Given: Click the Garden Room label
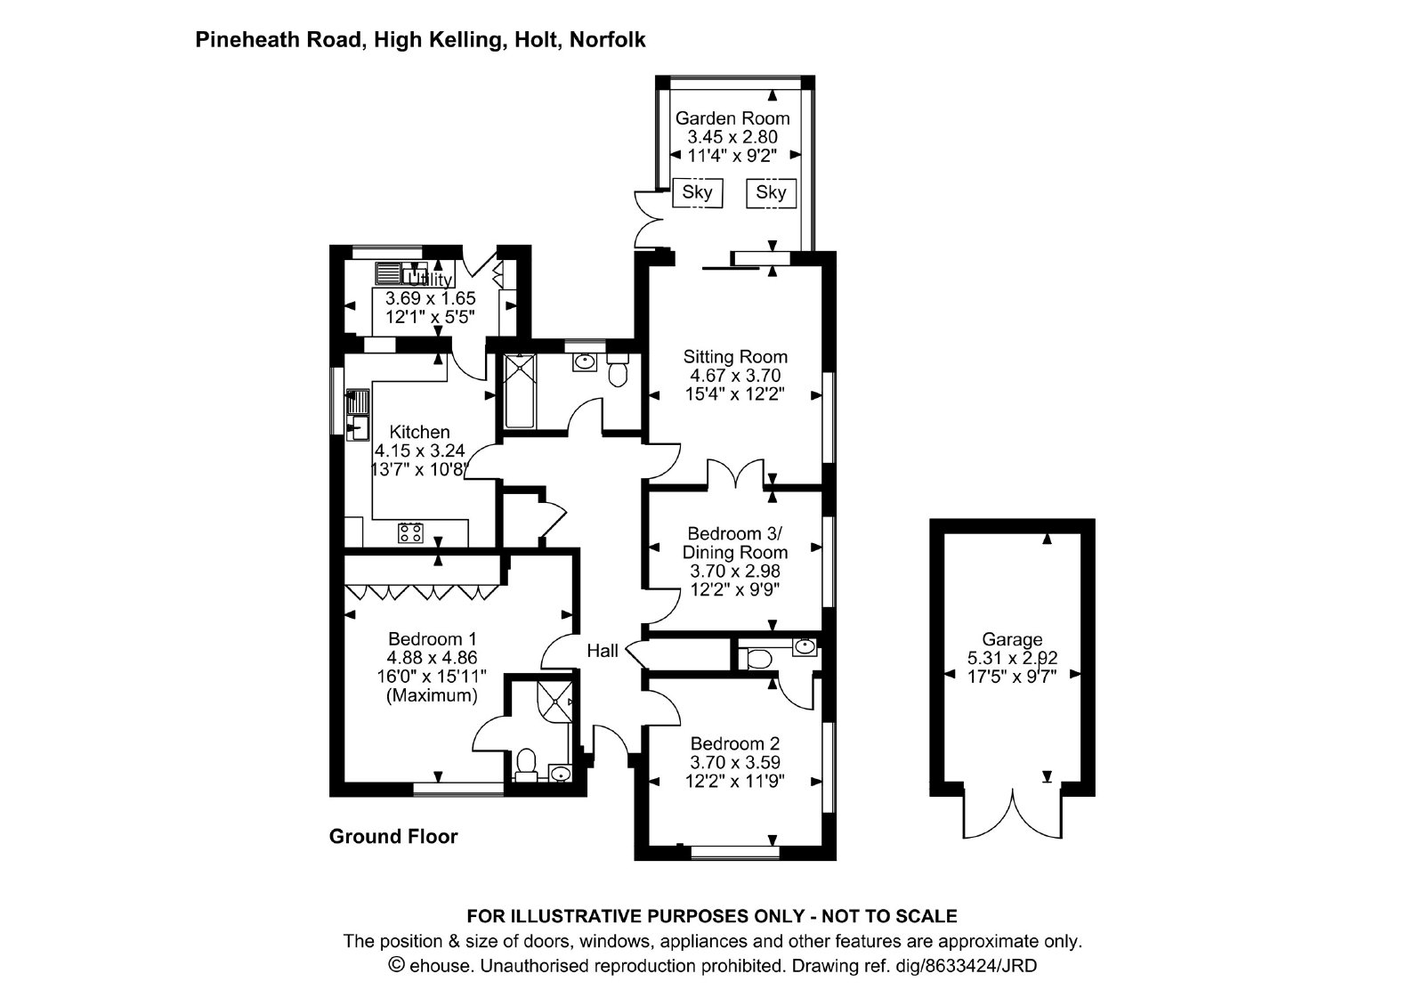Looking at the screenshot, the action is pos(732,118).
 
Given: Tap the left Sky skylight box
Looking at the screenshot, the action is pos(698,192).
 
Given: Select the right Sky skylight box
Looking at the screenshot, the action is pos(771,192).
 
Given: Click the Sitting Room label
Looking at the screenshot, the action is pos(735,357).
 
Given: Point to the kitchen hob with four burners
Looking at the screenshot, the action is pos(410,533).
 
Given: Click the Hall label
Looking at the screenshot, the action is pos(602,651).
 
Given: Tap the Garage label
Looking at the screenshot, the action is pos(1012,639).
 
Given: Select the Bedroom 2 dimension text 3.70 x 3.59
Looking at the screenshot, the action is pos(735,762).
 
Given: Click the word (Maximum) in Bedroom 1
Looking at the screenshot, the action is pos(432,695).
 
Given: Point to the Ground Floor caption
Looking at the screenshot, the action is pos(392,836).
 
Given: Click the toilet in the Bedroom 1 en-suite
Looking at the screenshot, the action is pos(526,765).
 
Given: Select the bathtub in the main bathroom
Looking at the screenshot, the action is pos(520,391).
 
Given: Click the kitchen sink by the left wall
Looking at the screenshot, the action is pos(357,415).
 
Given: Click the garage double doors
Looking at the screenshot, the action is pos(1012,814).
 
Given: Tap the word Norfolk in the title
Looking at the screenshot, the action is pos(608,39).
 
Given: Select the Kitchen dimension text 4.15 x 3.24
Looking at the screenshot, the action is pos(419,450).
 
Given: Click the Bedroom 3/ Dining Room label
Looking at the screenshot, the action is pos(735,542).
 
